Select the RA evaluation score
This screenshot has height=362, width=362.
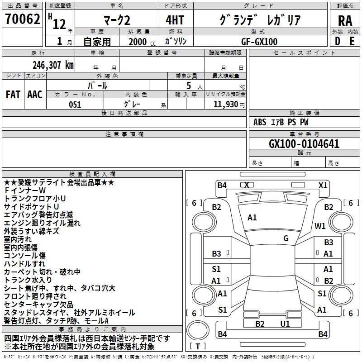pos(345,20)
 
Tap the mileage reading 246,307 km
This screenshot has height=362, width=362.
pos(53,65)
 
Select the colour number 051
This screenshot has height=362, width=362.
pos(75,104)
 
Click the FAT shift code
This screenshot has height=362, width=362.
pos(13,95)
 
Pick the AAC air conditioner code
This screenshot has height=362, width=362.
pos(35,95)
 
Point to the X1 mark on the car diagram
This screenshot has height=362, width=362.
pos(323,185)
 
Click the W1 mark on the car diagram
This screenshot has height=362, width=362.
pos(320,226)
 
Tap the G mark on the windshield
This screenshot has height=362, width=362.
pos(286,238)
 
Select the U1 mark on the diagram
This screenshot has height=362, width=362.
pos(285,324)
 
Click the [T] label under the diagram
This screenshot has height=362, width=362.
pos(198,347)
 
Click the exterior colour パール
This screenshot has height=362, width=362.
pos(97,85)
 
